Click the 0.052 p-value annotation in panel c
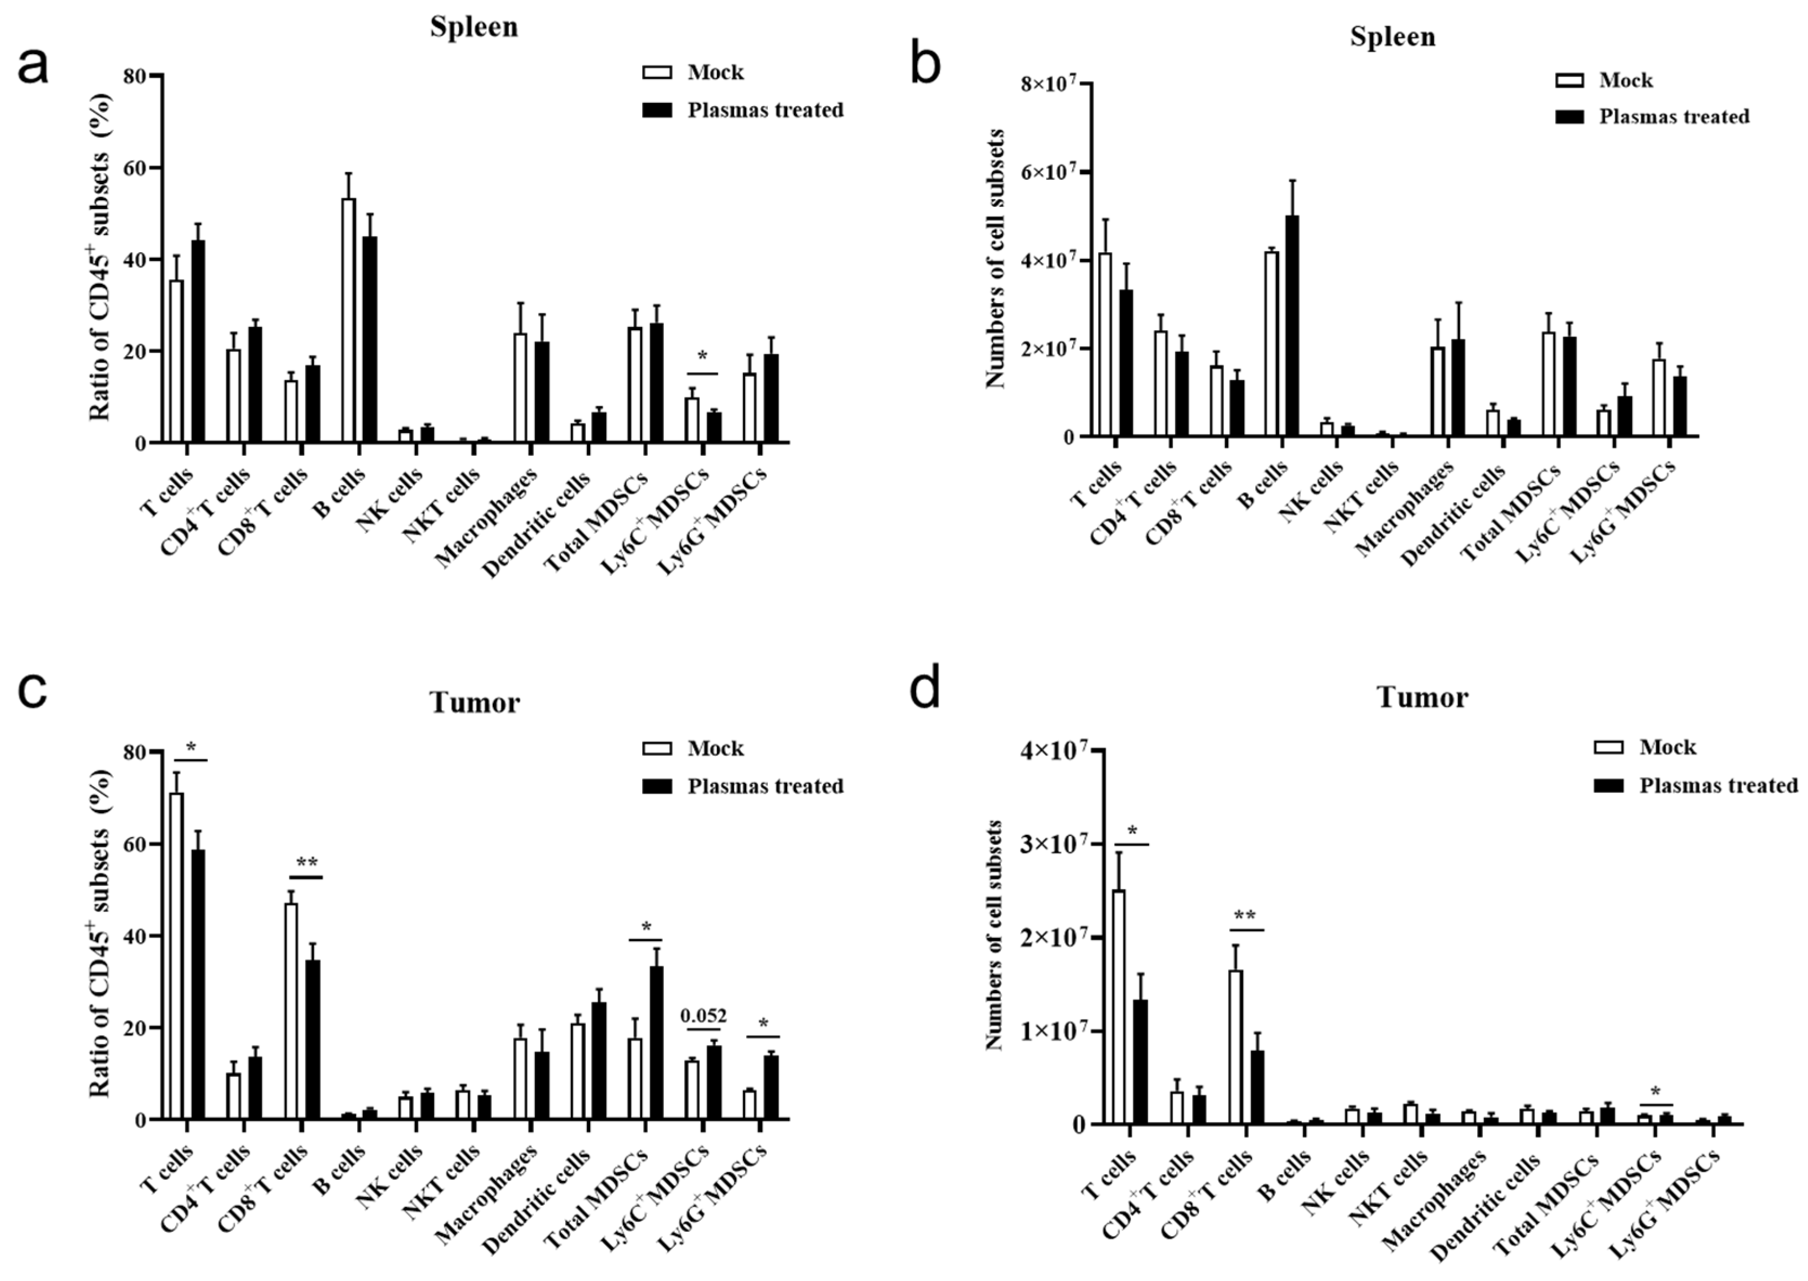703,1016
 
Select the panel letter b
924,64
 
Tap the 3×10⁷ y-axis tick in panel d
1055,844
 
